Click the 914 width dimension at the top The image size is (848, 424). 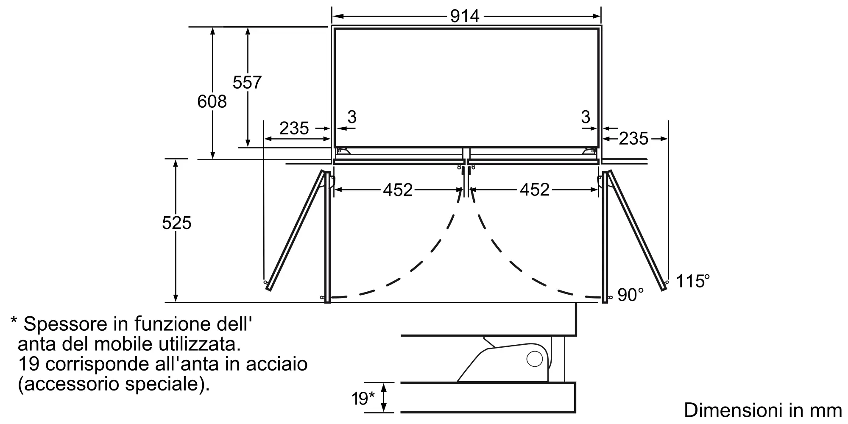point(465,16)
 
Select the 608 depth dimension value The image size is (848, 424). point(212,102)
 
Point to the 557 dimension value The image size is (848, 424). point(247,82)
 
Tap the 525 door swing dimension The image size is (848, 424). point(177,223)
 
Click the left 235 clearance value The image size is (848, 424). point(294,128)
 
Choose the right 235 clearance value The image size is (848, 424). point(633,139)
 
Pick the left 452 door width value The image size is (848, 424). point(398,190)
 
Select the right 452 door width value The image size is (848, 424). point(535,190)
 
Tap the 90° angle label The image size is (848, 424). point(630,295)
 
